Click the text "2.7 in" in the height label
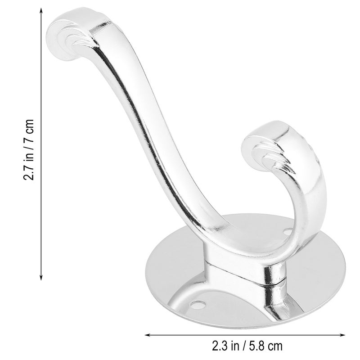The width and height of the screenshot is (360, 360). click(x=29, y=166)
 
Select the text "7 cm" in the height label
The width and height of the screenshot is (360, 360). click(x=29, y=130)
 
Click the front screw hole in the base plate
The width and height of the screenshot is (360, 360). click(x=198, y=304)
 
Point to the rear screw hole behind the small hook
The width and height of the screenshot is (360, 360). click(x=288, y=231)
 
